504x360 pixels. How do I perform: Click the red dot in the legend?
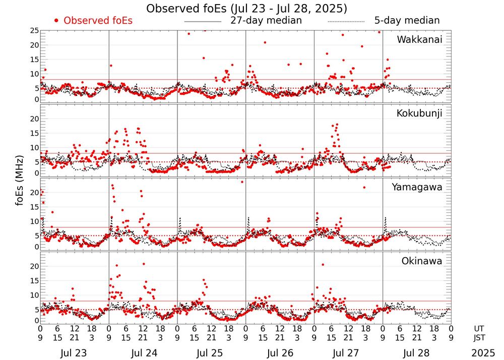pos(57,21)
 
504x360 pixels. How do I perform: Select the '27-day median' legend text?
pos(266,21)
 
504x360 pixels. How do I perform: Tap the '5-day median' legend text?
pos(407,21)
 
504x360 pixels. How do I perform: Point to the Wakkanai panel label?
pos(419,39)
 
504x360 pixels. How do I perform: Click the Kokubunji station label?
pos(419,113)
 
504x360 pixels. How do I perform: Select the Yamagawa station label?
pos(417,187)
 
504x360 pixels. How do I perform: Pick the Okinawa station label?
pos(421,261)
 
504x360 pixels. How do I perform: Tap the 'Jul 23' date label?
pos(75,353)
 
